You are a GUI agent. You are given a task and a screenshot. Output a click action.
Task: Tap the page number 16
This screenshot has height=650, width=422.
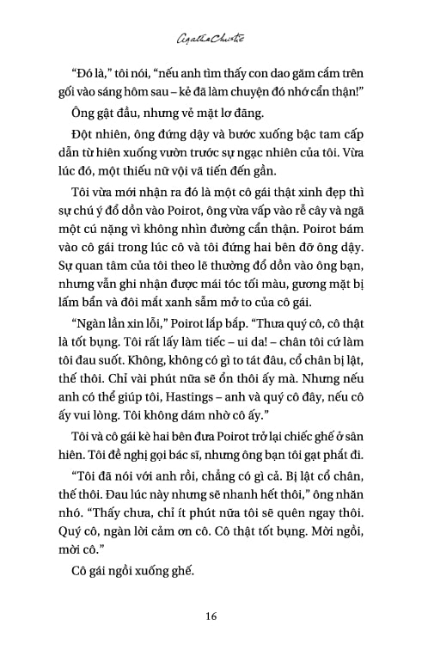[x=211, y=616]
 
